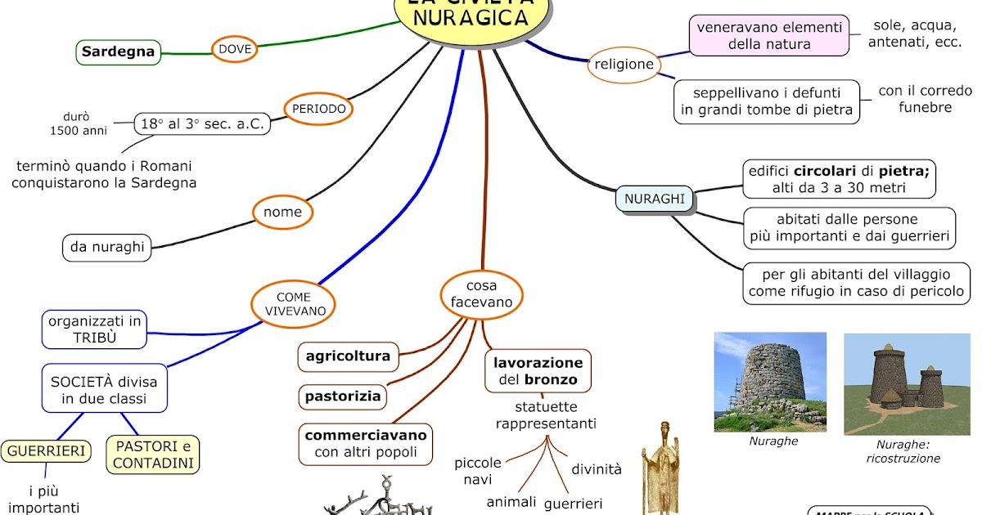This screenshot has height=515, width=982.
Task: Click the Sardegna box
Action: [x=119, y=53]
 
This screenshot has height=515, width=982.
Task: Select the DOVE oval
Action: [x=235, y=50]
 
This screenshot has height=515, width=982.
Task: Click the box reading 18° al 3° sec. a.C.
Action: [x=202, y=123]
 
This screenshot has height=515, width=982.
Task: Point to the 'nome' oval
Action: [x=283, y=213]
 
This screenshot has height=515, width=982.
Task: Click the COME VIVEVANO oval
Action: [x=294, y=303]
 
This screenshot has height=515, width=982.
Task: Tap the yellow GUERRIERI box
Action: [x=46, y=450]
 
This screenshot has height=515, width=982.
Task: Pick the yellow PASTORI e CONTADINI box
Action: [x=153, y=455]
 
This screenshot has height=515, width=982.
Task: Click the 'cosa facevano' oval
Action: [x=481, y=294]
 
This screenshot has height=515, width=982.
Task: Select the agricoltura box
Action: [x=348, y=356]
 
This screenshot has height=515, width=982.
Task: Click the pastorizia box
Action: [x=343, y=396]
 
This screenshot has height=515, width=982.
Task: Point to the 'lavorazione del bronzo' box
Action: [x=538, y=371]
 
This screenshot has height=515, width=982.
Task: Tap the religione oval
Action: [x=624, y=65]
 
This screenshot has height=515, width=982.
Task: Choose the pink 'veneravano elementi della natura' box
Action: [x=768, y=36]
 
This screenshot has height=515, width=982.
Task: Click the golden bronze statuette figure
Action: [x=659, y=470]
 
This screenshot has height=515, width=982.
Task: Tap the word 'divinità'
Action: [x=596, y=469]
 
